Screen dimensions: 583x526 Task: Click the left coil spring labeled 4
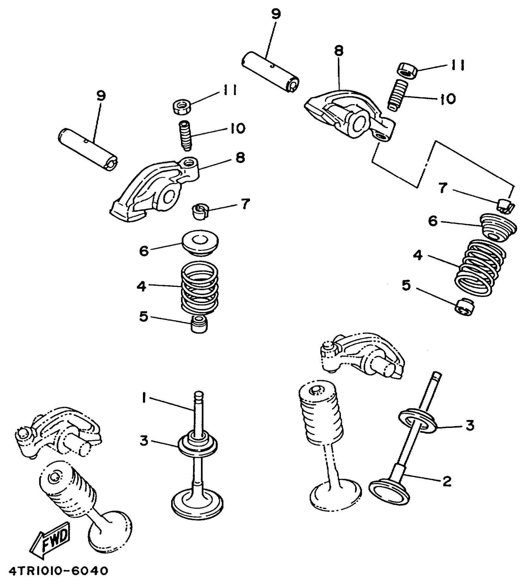(x=200, y=287)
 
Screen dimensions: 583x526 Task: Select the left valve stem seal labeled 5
(x=199, y=324)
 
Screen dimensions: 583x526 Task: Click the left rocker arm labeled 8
(x=155, y=192)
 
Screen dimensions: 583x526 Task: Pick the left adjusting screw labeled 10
(x=186, y=136)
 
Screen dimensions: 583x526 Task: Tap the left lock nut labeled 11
(x=182, y=106)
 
